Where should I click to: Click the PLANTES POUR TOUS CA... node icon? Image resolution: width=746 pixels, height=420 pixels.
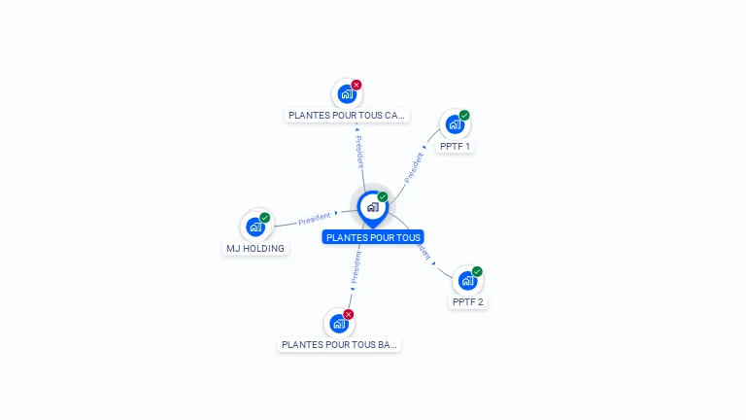(x=347, y=94)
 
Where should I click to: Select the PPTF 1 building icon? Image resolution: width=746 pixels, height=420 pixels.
(x=455, y=124)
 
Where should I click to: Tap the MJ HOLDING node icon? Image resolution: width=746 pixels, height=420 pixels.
(x=255, y=227)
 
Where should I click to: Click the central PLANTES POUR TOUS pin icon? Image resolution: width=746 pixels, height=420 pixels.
(x=372, y=206)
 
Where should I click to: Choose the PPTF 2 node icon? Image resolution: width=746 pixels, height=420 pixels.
(x=467, y=281)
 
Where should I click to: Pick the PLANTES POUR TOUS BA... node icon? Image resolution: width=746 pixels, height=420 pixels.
(x=338, y=323)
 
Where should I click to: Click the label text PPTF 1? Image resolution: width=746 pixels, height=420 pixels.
(x=455, y=147)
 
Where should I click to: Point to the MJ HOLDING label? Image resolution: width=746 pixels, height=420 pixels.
(x=255, y=248)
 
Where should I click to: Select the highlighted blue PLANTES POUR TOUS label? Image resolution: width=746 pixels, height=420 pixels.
(x=373, y=237)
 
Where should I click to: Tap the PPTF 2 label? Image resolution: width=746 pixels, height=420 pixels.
(x=467, y=302)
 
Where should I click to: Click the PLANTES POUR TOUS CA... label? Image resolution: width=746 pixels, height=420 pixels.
(x=347, y=115)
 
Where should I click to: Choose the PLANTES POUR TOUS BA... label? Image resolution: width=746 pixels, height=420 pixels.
(x=338, y=344)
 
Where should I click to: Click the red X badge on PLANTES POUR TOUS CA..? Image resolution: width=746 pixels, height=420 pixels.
(x=356, y=85)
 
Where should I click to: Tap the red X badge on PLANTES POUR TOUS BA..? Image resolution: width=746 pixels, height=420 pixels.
(x=348, y=314)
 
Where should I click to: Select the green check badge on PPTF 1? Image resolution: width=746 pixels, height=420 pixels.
(x=464, y=115)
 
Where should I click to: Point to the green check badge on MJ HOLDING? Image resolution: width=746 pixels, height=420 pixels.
(x=265, y=217)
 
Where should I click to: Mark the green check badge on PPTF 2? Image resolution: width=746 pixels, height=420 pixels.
(x=477, y=271)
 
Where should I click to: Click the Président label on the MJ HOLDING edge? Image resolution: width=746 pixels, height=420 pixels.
(x=314, y=219)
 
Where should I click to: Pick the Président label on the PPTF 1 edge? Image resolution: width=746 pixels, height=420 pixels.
(x=414, y=167)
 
